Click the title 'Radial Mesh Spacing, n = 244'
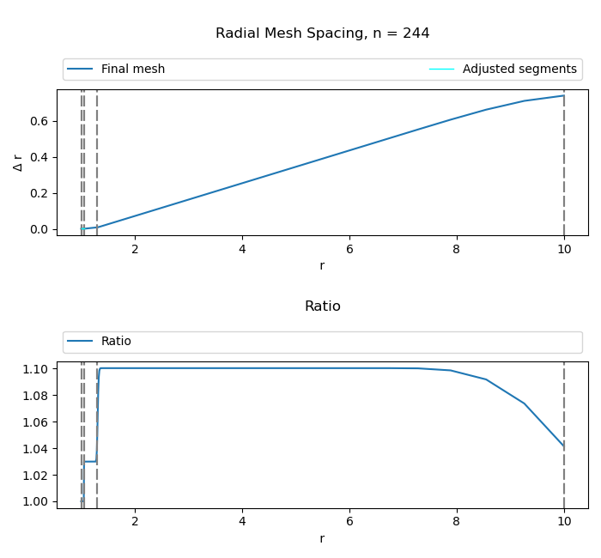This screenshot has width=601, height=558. click(x=322, y=33)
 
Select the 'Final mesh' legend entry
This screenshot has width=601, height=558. click(x=132, y=70)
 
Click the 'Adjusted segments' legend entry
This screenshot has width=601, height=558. click(x=519, y=70)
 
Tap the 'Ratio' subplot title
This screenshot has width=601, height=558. click(x=322, y=306)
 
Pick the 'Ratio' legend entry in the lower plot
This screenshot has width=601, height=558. click(x=116, y=342)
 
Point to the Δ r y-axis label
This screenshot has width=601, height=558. click(x=18, y=162)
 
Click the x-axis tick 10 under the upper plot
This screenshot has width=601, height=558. click(x=564, y=249)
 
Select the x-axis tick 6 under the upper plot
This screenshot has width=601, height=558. click(x=349, y=249)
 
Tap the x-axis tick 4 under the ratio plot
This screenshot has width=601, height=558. click(x=242, y=522)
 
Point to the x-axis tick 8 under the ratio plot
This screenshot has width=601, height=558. click(x=457, y=522)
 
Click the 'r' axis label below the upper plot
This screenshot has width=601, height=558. click(x=322, y=266)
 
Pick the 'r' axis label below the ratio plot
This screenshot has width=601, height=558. click(x=322, y=539)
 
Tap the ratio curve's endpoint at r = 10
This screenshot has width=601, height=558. click(x=563, y=446)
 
